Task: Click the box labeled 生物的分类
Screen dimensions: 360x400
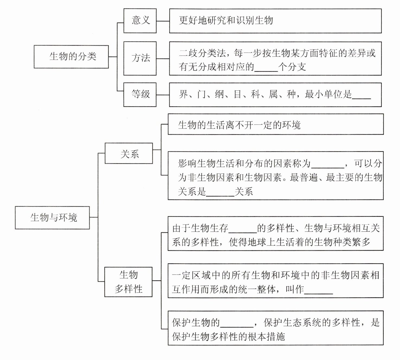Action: tap(71, 57)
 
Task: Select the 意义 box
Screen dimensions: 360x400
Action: tap(140, 21)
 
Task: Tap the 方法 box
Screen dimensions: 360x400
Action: tap(140, 58)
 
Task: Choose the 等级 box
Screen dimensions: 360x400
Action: tap(140, 94)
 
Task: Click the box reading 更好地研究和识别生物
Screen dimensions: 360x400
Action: tap(275, 21)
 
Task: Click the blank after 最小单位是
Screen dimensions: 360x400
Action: tap(361, 95)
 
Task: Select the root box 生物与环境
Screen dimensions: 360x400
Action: tap(52, 217)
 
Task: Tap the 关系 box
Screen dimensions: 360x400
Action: tap(129, 154)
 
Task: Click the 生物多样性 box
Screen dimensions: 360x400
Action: tap(128, 282)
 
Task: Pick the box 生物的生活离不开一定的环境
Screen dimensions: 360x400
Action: tap(276, 124)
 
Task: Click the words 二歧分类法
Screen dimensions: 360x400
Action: tap(202, 53)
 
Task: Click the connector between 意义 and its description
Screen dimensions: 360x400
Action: tap(163, 21)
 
